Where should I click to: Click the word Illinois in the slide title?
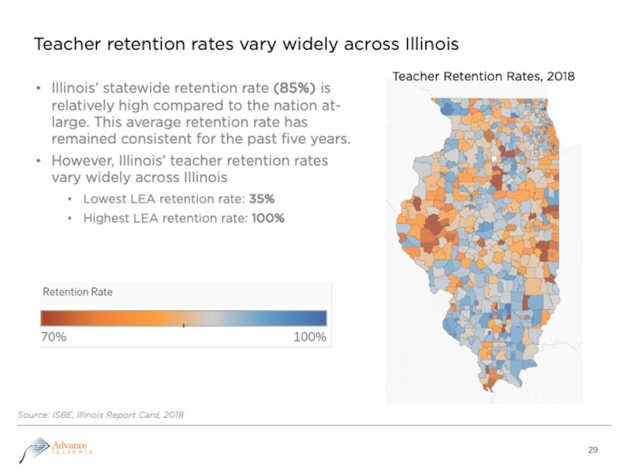coord(431,43)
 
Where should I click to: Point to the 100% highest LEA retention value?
coord(267,218)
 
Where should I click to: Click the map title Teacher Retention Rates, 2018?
coord(484,76)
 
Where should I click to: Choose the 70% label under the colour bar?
coord(54,337)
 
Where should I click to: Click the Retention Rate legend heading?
coord(77,292)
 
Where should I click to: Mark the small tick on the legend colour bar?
coord(183,324)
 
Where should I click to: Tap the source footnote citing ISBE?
coord(100,414)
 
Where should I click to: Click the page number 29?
coord(594,450)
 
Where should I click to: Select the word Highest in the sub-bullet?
coord(106,218)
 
